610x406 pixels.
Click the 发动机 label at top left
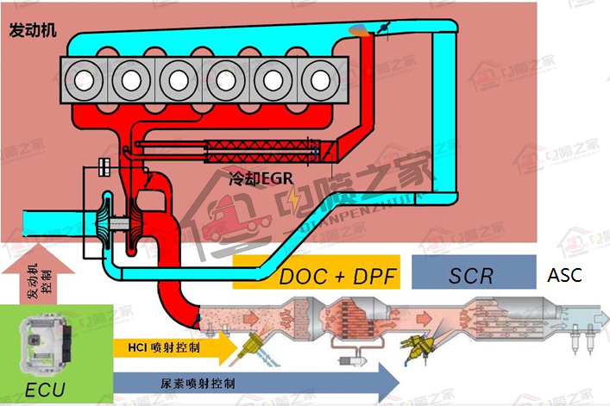click(33, 30)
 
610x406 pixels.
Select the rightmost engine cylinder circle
click(320, 80)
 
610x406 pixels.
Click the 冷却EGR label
click(255, 180)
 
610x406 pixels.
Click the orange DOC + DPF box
click(317, 276)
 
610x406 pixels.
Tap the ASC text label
click(564, 276)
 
